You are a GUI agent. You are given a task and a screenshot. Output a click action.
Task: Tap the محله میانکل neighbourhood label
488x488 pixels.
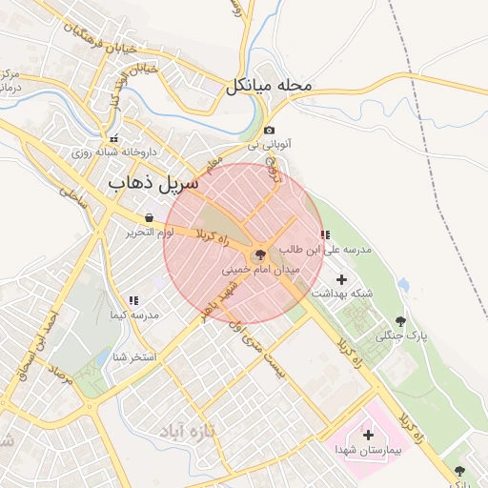[270, 86]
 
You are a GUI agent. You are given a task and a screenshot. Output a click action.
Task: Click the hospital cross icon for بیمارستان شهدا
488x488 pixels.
[368, 435]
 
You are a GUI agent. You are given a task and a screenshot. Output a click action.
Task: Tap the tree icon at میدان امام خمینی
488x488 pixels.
[257, 255]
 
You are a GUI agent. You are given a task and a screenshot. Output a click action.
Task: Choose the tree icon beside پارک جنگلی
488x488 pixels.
[399, 321]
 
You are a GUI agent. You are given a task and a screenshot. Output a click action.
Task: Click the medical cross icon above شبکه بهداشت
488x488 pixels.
[342, 278]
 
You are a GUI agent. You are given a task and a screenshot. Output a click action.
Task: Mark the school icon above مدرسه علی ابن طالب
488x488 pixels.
[324, 234]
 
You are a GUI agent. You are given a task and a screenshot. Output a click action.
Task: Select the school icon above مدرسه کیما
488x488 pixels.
[133, 300]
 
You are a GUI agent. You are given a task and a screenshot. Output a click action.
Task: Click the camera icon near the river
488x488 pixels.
[270, 131]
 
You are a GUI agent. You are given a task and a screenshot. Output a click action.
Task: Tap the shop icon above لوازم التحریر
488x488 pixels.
[149, 218]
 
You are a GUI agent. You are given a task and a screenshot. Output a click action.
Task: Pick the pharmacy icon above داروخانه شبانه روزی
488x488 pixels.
[114, 138]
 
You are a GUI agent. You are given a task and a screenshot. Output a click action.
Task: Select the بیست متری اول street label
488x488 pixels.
[270, 350]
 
